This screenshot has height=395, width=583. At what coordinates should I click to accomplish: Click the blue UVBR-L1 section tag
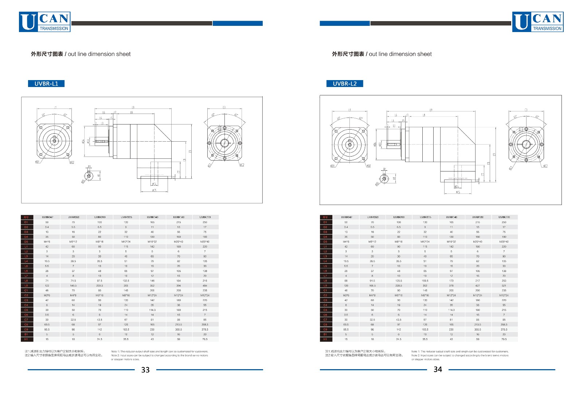coord(46,84)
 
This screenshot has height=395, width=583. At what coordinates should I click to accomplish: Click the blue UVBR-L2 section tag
coord(345,84)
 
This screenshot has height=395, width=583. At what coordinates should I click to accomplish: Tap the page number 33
coord(145,370)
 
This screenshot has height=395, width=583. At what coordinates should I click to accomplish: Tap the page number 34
coord(438,369)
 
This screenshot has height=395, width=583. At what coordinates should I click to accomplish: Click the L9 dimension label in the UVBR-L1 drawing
coord(133,107)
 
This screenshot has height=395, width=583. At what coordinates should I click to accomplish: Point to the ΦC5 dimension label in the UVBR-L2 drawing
coord(458,192)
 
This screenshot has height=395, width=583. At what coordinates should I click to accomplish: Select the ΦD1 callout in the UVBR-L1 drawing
coord(37,162)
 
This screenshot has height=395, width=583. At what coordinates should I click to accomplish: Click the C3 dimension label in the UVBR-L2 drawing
coord(526,110)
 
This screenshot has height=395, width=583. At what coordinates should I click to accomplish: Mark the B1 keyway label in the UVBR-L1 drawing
coord(89,167)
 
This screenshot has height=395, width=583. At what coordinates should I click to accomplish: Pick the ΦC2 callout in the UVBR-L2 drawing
coord(545,166)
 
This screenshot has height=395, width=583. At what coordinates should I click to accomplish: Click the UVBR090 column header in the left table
coord(99,217)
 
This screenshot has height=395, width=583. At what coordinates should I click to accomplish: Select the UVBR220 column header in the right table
coord(504,217)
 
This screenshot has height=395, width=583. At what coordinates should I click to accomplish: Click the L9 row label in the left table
coord(26,285)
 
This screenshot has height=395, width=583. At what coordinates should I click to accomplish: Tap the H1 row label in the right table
coord(325,339)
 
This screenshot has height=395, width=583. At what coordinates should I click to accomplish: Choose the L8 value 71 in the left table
coord(47,281)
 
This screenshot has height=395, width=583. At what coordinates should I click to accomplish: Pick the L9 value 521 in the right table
coord(504,285)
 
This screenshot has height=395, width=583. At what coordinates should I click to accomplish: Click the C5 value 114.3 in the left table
coord(152,310)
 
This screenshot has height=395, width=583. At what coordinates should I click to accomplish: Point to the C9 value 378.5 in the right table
coord(504,329)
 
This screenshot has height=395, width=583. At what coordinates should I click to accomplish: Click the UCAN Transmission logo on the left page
coord(44,22)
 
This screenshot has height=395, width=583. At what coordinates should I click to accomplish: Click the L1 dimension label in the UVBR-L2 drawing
coord(349,110)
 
